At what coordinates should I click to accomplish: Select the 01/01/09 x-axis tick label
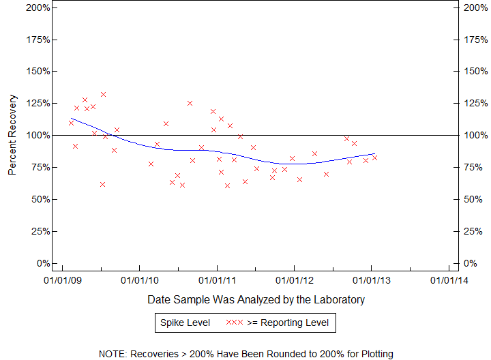click(x=62, y=280)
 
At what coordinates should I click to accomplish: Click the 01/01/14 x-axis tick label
click(x=449, y=280)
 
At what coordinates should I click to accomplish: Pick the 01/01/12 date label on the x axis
click(x=294, y=280)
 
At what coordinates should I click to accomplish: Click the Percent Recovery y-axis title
click(x=12, y=135)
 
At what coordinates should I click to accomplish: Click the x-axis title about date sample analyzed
click(x=256, y=299)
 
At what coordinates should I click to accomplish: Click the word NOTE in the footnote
click(x=114, y=354)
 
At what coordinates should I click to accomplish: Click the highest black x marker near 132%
click(x=103, y=94)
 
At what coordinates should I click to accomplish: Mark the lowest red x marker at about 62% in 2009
click(x=102, y=184)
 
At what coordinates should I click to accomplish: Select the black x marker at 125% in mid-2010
click(x=190, y=103)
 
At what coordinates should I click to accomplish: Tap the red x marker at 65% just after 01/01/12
click(x=299, y=179)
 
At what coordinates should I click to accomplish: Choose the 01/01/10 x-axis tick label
click(x=139, y=280)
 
